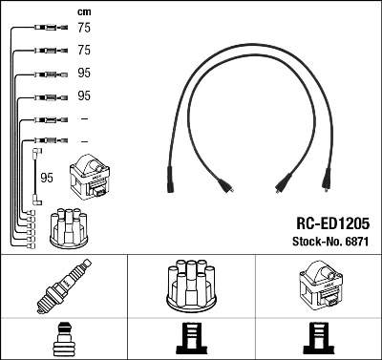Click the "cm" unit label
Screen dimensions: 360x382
[x=83, y=11]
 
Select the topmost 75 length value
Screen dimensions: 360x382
[x=83, y=29]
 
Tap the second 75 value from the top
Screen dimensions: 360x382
[x=83, y=50]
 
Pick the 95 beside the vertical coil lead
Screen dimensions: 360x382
[x=46, y=177]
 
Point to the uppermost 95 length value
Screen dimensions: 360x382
[x=83, y=73]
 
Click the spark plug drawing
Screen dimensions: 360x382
[x=63, y=287]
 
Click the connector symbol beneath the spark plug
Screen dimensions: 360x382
[x=63, y=339]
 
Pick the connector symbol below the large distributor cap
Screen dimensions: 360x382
[x=191, y=339]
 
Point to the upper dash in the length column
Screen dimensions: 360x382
[x=83, y=118]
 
